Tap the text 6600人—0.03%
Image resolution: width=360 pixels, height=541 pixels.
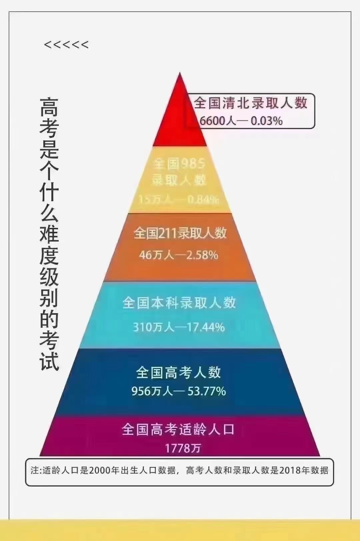241,121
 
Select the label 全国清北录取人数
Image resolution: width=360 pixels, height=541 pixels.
250,103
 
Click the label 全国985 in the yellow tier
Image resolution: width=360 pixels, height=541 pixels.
179,163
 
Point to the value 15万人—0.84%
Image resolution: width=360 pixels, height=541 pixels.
179,199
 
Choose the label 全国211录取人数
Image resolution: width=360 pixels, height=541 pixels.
180,233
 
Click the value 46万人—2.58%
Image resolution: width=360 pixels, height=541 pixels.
179,255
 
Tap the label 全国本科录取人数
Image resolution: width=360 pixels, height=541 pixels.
179,303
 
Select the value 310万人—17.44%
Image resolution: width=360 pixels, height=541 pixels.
179,327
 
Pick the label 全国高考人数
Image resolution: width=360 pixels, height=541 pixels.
179,372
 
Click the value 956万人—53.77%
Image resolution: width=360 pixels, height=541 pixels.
179,391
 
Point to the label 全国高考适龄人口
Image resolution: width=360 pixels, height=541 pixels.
178,429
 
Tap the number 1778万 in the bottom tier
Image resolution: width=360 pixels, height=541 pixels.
183,448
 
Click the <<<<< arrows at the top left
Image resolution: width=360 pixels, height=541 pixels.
66,45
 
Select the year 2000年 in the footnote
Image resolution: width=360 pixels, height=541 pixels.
104,470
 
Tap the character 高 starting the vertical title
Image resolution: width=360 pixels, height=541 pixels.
49,107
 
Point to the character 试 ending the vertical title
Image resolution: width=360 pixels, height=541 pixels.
49,361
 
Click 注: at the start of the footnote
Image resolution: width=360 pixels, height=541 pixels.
36,470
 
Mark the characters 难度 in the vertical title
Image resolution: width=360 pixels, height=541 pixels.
49,245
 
